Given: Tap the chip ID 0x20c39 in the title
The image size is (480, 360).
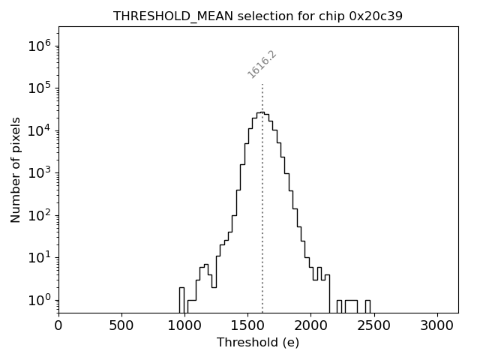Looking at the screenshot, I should [x=376, y=16].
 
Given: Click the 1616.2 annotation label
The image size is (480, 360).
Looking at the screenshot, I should [x=262, y=64].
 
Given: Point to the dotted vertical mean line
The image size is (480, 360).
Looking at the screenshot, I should [x=262, y=225].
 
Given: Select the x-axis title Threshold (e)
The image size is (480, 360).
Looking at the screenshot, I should [x=258, y=343].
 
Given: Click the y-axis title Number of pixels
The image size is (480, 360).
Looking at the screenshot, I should [x=16, y=169].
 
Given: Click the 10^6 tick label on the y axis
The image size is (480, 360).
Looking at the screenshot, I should [x=38, y=46].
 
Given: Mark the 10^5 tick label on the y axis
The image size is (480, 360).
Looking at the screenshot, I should [x=38, y=88].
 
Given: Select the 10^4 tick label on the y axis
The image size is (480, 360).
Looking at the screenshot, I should [x=38, y=130].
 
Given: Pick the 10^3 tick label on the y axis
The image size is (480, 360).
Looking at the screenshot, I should [x=38, y=173].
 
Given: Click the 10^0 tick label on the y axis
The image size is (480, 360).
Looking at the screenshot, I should [x=38, y=300].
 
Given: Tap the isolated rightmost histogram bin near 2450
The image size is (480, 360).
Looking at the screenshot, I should [x=367, y=306].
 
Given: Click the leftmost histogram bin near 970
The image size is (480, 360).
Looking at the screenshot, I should [x=181, y=300].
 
